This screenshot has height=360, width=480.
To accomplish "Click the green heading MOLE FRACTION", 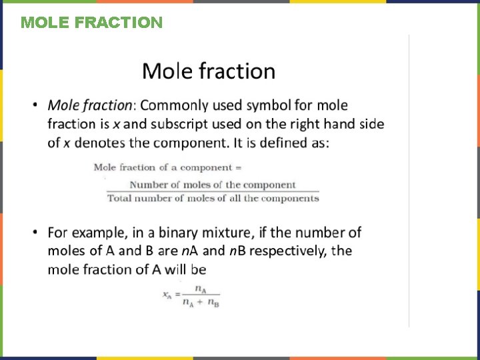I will (91, 23).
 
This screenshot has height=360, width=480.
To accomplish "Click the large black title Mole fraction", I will (209, 71).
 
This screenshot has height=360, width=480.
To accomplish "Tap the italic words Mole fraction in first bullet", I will (90, 105).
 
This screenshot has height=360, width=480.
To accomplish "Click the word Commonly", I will (173, 105).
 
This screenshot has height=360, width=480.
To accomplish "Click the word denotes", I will (99, 143).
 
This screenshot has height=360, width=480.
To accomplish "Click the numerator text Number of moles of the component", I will (212, 185).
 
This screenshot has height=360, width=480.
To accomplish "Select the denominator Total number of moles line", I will (213, 198).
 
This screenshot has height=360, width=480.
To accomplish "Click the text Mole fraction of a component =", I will (167, 167).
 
